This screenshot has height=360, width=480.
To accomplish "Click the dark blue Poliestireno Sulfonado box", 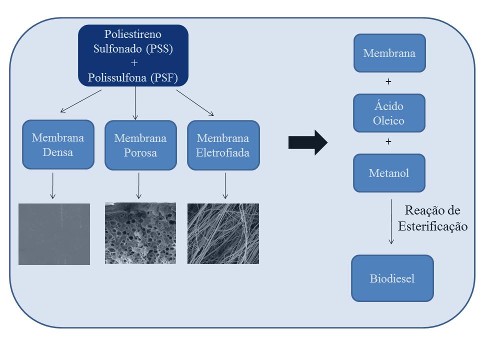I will (x=133, y=55).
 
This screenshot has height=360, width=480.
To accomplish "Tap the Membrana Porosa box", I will (x=140, y=145).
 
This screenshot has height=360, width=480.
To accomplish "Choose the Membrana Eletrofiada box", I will (x=223, y=145).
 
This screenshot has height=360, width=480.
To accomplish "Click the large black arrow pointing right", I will (x=307, y=142).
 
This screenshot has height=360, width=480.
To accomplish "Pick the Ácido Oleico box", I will (x=389, y=113).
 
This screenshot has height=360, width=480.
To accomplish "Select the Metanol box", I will (x=389, y=173).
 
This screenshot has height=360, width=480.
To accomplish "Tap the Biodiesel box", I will (x=392, y=278).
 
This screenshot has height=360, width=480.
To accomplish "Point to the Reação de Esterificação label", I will (x=433, y=218).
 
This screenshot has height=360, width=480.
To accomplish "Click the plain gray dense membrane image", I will (x=54, y=234).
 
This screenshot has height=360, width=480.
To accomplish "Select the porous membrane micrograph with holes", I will (x=140, y=233).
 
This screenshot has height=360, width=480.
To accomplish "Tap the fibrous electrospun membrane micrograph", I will (x=223, y=233).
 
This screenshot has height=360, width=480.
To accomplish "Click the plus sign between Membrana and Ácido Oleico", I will (x=388, y=81).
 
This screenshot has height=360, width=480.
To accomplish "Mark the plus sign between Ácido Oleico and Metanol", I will (x=388, y=142).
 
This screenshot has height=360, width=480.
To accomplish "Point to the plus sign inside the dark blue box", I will (x=133, y=63).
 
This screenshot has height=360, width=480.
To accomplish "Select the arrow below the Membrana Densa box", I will (x=53, y=185).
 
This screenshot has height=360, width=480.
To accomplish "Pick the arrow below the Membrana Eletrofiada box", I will (x=225, y=185).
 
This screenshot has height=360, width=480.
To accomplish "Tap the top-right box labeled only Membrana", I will (x=389, y=53).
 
